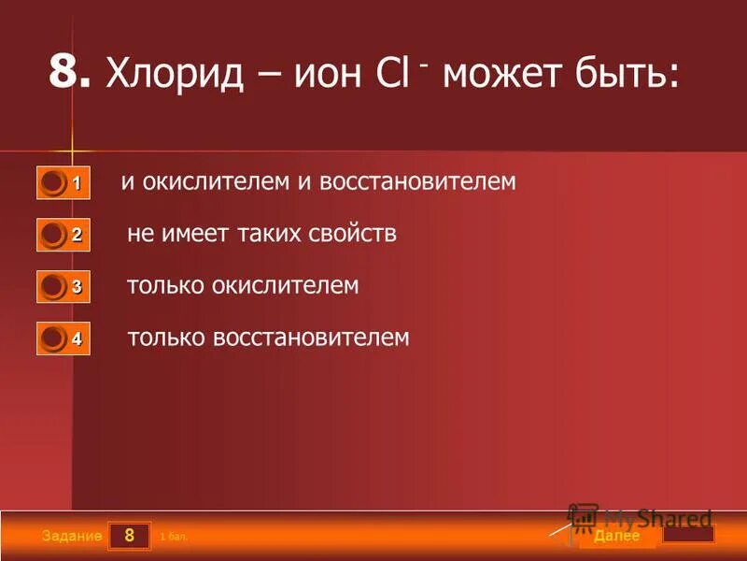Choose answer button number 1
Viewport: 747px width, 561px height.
[x=63, y=182]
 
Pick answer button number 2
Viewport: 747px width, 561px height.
[x=63, y=235]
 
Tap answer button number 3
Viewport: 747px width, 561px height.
[x=63, y=286]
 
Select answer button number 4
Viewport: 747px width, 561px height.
[x=63, y=338]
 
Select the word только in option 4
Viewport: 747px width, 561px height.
[x=166, y=337]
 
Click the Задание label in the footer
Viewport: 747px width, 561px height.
[x=71, y=537]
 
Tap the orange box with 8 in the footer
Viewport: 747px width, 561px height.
[x=129, y=536]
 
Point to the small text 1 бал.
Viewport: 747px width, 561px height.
[x=175, y=538]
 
